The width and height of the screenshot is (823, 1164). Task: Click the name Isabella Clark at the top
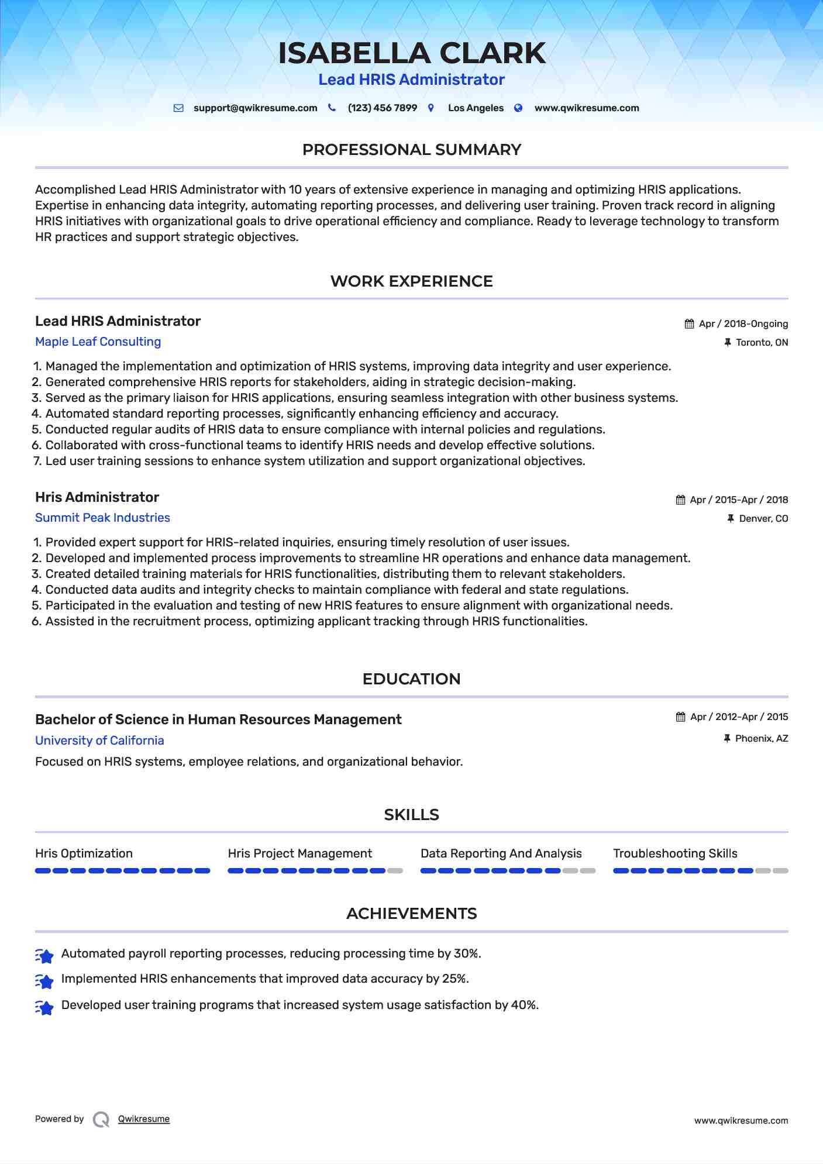coord(411,53)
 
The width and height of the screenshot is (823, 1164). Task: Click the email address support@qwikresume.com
coord(255,108)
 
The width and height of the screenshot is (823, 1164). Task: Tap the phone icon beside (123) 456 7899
coord(332,108)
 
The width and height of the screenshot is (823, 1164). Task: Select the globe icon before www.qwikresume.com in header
coord(518,108)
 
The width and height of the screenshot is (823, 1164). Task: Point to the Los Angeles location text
coord(476,108)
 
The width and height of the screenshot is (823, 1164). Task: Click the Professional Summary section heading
coord(411,150)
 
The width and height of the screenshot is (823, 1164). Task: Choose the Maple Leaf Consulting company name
coord(98,342)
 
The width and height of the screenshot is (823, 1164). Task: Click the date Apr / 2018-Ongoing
coord(743,324)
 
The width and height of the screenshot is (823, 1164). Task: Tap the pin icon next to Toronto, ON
coord(728,343)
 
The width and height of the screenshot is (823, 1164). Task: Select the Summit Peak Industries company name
coord(102,518)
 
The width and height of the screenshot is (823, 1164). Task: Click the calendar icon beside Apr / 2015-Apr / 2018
coord(680,500)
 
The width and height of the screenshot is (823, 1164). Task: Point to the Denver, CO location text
coord(763,519)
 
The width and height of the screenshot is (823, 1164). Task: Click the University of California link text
coord(99,741)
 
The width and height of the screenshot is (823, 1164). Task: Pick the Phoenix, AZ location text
coord(761,739)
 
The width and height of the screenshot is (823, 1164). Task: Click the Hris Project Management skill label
coord(299,853)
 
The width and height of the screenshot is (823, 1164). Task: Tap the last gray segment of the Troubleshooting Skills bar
coord(780,871)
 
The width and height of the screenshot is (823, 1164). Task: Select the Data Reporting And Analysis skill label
coord(501,853)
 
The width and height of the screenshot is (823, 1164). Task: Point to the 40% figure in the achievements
coord(524,1005)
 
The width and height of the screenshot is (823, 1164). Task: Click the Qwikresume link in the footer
coord(144,1119)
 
